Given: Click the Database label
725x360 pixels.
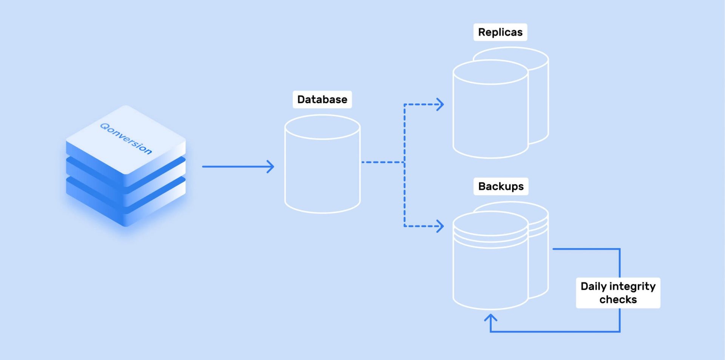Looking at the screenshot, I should click(x=322, y=99).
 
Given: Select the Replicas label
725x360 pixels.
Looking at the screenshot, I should click(x=500, y=32).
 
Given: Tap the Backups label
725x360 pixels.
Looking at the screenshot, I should click(x=501, y=186).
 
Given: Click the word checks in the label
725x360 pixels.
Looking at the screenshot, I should click(x=618, y=300).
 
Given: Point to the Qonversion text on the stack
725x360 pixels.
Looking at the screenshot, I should click(x=126, y=139).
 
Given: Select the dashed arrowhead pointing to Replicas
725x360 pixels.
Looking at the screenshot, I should click(x=440, y=104).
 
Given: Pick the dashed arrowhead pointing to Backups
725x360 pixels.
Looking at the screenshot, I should click(x=440, y=226).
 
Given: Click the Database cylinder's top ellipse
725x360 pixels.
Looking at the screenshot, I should click(x=322, y=127).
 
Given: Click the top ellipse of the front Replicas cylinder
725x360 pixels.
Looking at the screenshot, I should click(x=490, y=72).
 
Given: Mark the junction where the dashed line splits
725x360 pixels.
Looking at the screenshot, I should click(x=404, y=162).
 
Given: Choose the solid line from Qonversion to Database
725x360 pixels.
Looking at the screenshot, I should click(x=234, y=167).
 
